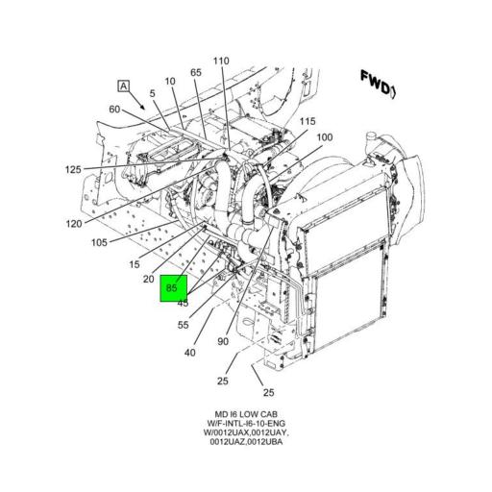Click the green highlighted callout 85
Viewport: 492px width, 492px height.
coord(173,287)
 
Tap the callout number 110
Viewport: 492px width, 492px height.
coord(221,61)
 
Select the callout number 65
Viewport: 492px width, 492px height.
coord(195,73)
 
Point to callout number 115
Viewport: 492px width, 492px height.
coord(307,121)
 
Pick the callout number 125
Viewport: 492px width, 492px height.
coord(74,169)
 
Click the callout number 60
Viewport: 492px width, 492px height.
coord(114,109)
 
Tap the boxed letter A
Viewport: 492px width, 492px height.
coord(123,86)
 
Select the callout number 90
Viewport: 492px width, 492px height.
coord(223,342)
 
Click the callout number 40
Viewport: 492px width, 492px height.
coord(190,352)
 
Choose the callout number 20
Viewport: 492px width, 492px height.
coord(149,279)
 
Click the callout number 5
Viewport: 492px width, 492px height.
coord(152,93)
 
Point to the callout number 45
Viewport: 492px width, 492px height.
coord(182,304)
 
